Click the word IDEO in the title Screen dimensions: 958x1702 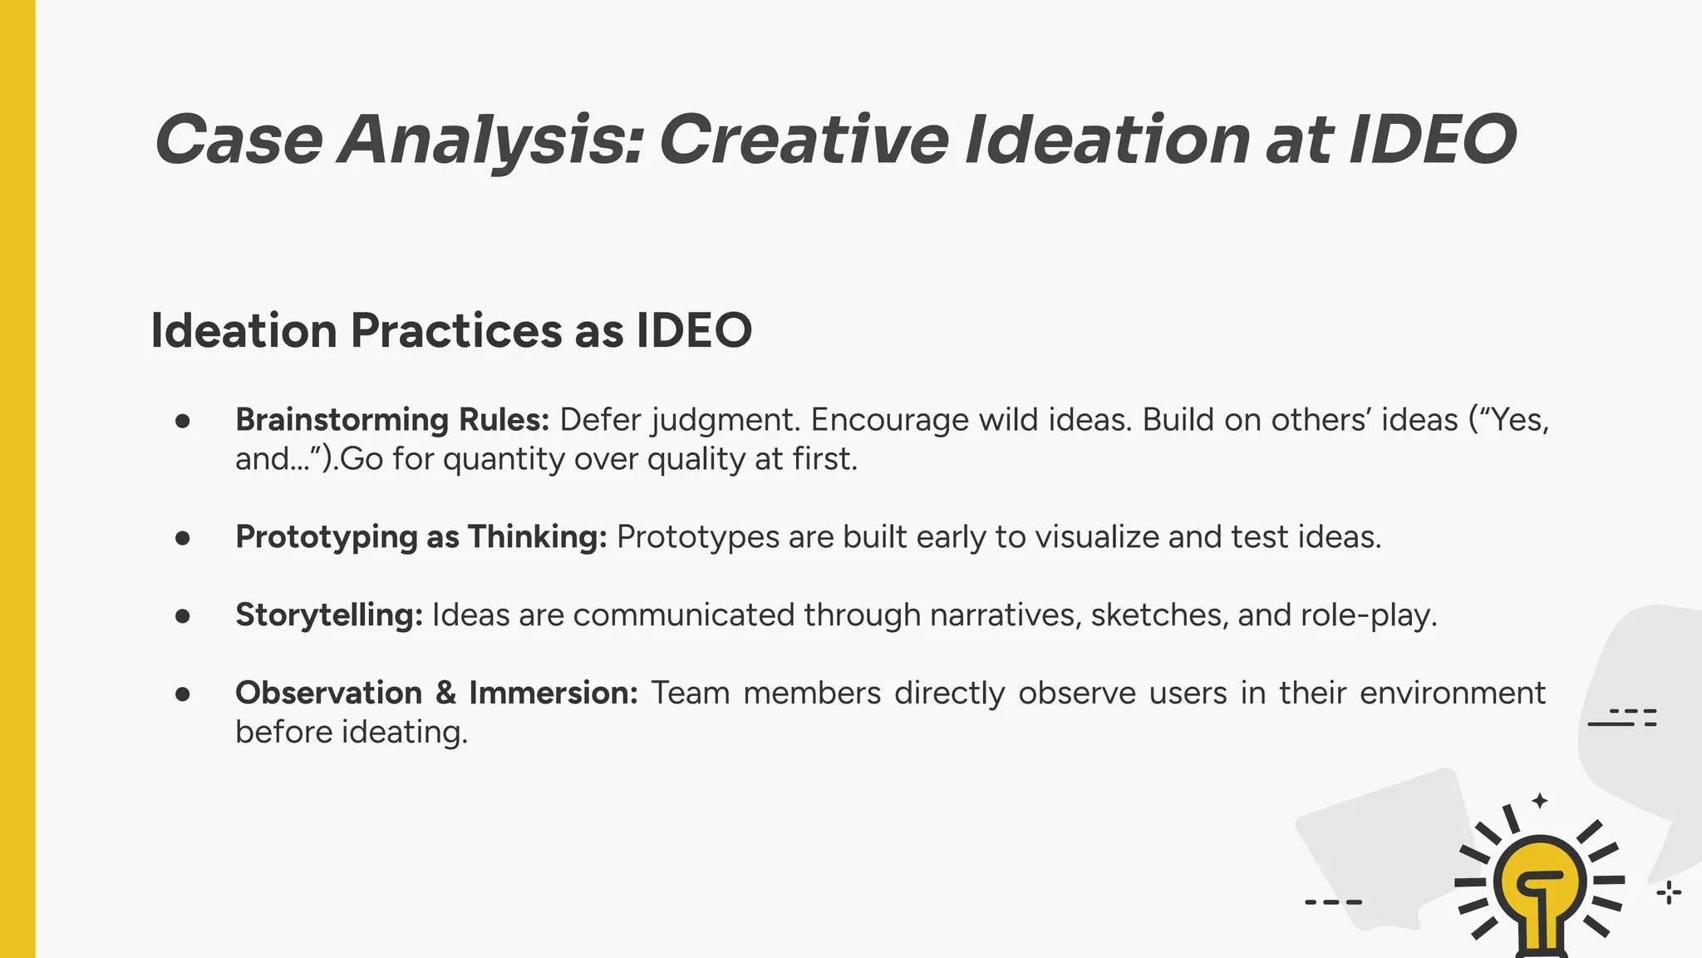[x=1433, y=139]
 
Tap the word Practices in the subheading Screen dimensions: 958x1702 [x=456, y=330]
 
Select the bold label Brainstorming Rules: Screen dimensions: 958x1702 [x=392, y=419]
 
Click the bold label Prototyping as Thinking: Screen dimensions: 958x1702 [x=421, y=536]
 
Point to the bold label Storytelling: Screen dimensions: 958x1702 [x=329, y=615]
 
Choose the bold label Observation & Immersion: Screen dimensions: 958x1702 [x=436, y=693]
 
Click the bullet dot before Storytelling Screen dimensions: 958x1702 [x=183, y=616]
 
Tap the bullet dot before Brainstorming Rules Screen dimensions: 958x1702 [x=183, y=421]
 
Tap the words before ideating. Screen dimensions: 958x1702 [x=351, y=732]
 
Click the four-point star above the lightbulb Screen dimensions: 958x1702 [x=1540, y=801]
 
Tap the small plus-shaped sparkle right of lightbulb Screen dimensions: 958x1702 [x=1669, y=893]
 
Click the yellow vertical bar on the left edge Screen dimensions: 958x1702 [x=17, y=479]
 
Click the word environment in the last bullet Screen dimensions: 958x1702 [x=1452, y=693]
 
